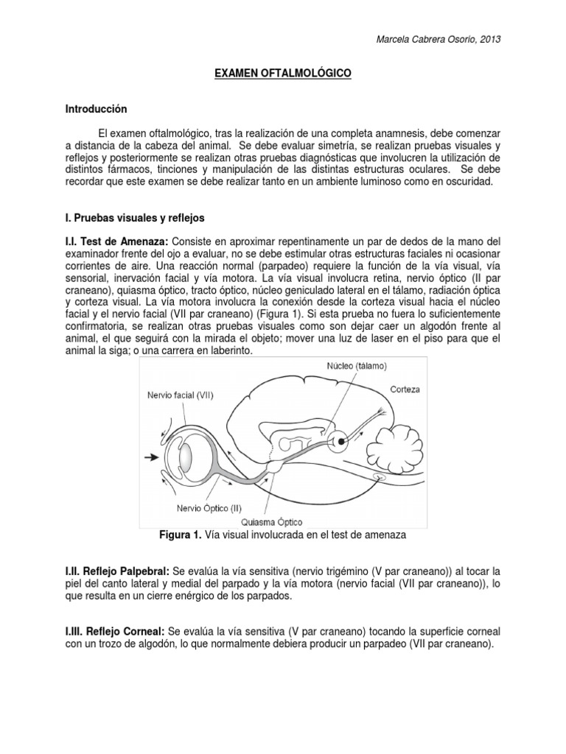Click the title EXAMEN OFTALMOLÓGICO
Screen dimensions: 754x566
coord(282,74)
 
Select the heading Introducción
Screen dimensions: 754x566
coord(97,109)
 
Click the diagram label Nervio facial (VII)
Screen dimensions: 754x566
coord(181,395)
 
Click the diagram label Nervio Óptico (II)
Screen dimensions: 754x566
coord(209,507)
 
